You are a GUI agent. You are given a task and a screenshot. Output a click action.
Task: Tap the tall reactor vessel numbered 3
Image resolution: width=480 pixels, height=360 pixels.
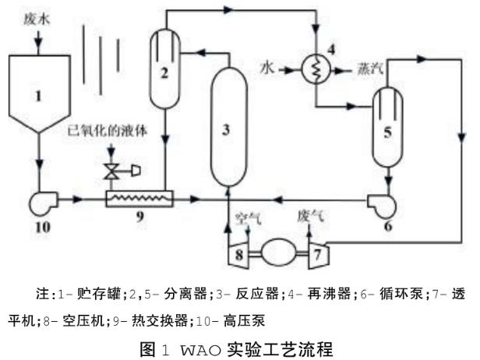[x=226, y=129]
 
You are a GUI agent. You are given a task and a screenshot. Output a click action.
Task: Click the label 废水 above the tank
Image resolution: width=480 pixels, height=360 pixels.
[x=30, y=16]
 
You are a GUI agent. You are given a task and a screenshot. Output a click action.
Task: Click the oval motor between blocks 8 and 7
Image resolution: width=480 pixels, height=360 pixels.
[x=279, y=252]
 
